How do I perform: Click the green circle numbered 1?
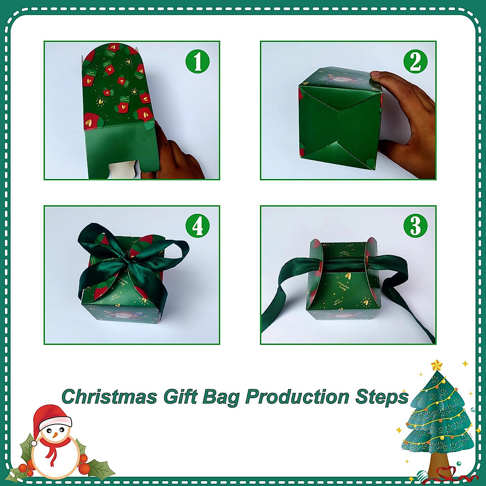tap(197, 62)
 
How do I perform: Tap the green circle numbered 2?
tap(415, 62)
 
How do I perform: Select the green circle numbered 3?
tap(415, 226)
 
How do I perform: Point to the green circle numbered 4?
tap(197, 226)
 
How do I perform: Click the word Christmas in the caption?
tap(109, 397)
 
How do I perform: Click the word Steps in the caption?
tap(382, 397)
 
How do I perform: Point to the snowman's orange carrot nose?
tap(55, 435)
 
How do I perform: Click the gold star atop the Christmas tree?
tap(437, 366)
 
